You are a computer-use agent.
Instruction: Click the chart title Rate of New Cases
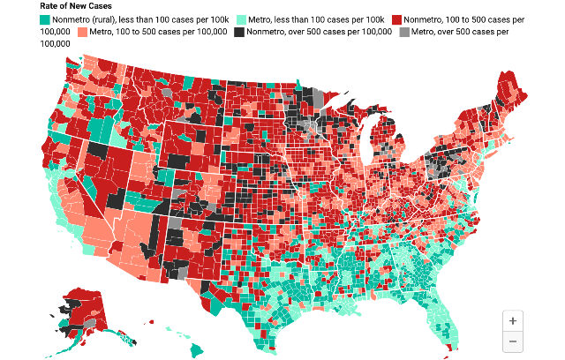(76, 6)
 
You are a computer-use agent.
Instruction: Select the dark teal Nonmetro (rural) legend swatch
(45, 19)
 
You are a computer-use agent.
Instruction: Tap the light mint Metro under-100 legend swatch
(241, 19)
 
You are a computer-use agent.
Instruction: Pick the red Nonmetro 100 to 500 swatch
(396, 19)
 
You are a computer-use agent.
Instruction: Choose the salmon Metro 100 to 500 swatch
(82, 32)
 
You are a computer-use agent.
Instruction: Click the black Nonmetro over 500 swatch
(239, 32)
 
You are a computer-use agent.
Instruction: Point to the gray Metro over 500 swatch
(404, 32)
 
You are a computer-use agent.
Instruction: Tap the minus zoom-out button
(512, 341)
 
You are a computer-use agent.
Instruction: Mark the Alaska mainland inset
(85, 310)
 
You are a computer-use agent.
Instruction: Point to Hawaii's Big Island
(197, 350)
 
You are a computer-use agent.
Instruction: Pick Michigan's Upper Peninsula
(360, 108)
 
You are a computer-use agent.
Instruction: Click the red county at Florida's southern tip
(449, 347)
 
